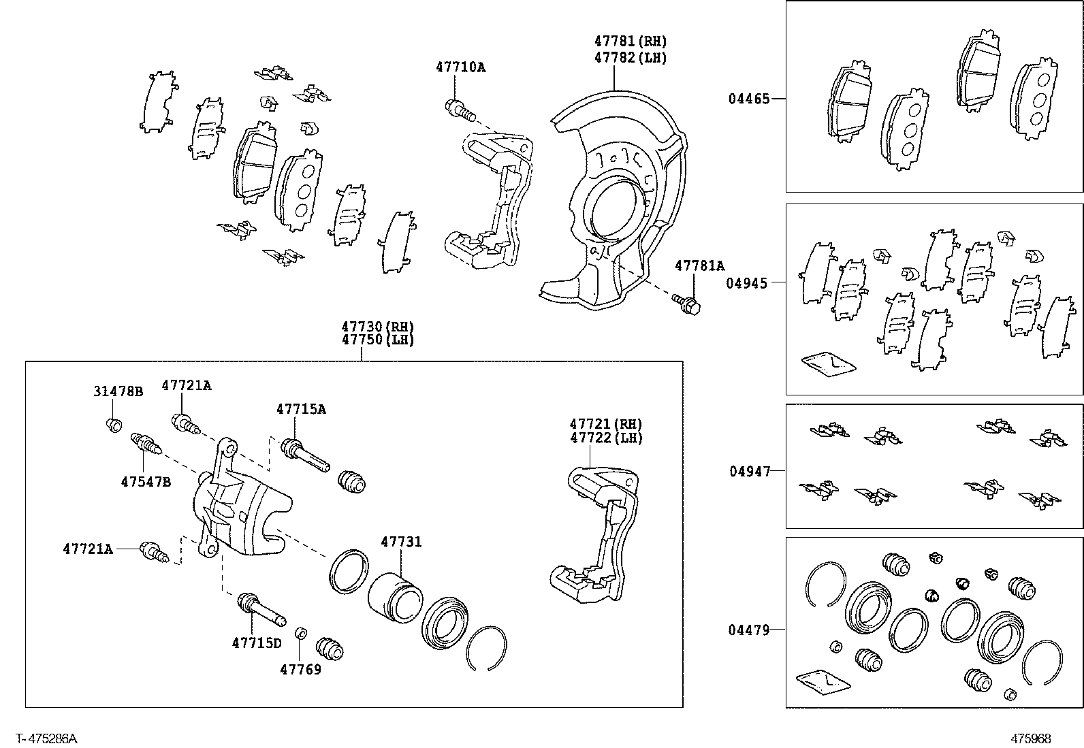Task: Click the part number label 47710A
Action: coord(460,67)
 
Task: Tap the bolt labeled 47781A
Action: coord(688,304)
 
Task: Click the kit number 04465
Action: coord(748,99)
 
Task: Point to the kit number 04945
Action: coord(746,283)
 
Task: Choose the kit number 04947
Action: coord(750,471)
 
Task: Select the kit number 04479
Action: coord(748,630)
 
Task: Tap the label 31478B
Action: coord(118,391)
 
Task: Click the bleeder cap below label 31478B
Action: coord(115,426)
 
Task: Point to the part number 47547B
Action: coord(146,481)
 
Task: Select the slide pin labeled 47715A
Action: coord(305,455)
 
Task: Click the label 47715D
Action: coord(256,643)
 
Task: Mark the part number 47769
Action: coord(300,669)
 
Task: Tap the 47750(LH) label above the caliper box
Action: coord(377,340)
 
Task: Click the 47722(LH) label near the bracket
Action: coord(606,438)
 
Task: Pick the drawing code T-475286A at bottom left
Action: coord(47,738)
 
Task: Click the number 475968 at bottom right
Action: coord(1031,738)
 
